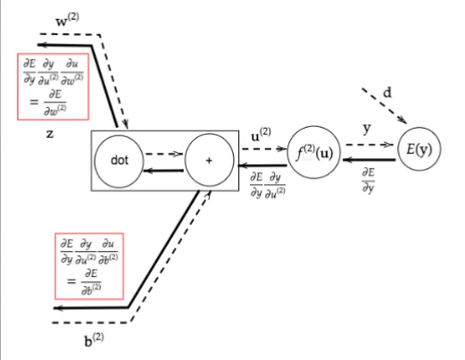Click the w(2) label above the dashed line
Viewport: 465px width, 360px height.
68,20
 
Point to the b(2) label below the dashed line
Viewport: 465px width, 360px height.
94,340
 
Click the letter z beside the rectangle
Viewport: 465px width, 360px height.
50,134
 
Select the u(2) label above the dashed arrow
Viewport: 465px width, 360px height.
261,135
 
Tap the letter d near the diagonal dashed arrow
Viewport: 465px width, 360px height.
387,93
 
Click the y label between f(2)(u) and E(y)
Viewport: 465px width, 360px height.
367,129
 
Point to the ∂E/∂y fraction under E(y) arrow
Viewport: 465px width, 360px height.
369,180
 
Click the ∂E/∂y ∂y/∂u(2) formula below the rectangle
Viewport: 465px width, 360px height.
268,185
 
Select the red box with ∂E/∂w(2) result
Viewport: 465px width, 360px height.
53,54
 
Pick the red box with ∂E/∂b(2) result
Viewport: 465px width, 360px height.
89,234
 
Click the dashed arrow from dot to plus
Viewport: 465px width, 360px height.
164,154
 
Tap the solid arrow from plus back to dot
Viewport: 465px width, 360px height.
163,171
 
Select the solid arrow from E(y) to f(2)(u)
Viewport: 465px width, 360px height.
370,160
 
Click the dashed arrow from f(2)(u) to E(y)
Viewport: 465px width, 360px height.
370,145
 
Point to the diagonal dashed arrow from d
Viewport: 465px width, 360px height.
385,105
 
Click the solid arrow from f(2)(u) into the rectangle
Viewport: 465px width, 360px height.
263,164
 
